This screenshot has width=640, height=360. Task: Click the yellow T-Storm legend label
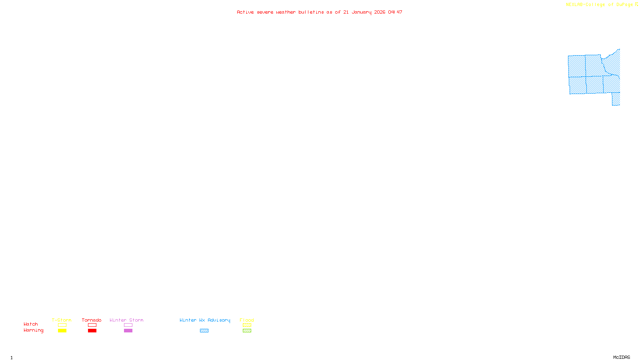62,320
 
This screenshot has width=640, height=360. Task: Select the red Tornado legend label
92,320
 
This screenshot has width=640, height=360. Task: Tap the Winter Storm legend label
126,320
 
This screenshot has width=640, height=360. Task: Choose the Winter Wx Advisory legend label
205,320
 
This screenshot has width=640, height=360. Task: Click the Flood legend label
247,320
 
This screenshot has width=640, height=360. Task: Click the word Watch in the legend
31,324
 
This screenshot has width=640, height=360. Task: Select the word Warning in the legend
33,330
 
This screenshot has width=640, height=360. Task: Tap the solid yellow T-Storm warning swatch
62,331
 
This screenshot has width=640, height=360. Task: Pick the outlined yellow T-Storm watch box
62,325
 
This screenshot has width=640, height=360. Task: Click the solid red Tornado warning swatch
92,331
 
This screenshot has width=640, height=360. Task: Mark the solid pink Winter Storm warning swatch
128,331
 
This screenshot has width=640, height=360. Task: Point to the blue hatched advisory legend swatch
204,331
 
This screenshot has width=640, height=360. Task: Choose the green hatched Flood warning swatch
247,331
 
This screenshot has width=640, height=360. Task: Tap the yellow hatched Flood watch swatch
247,325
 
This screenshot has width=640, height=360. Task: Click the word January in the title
362,12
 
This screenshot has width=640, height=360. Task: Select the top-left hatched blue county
576,66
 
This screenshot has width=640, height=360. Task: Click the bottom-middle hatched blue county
594,85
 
